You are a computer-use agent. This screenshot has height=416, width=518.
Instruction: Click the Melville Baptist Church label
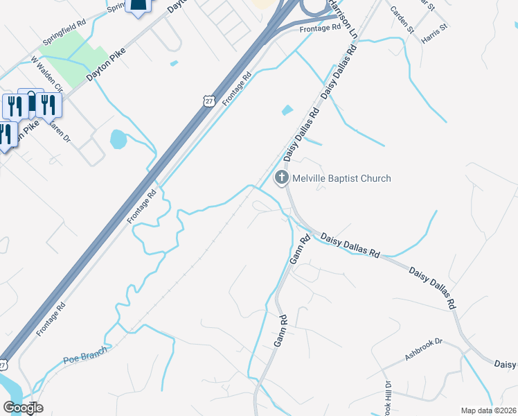coord(341,178)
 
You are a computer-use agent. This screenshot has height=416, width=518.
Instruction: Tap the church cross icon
coord(282,178)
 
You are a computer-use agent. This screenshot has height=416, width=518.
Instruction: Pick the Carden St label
coord(401,20)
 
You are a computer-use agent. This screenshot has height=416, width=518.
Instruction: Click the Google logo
coord(23,408)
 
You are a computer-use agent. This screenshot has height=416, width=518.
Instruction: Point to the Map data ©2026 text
coord(489,410)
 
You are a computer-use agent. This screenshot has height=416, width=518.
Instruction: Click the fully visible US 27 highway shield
coord(208,101)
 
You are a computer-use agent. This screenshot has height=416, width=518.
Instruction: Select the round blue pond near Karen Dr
coord(118,140)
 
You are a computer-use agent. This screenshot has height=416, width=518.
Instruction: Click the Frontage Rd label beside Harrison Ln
coord(321,28)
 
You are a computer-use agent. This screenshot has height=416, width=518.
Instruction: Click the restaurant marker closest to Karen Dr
coord(48,105)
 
